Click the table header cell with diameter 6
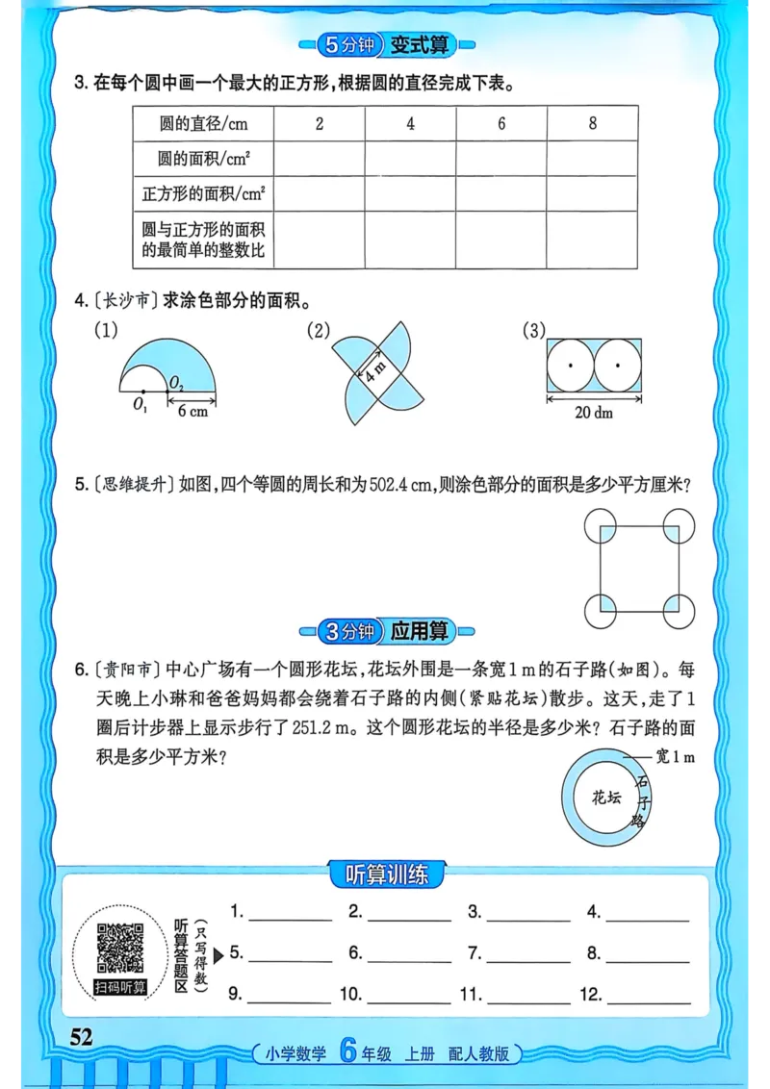coord(501,123)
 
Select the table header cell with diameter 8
coord(592,123)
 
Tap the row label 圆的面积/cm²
coord(203,159)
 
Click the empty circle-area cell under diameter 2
coord(319,159)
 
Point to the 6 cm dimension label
coord(193,411)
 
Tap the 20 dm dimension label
coord(595,412)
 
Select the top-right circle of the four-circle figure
coord(679,525)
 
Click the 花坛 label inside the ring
coord(606,797)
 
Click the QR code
coord(120,947)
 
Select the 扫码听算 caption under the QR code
coord(120,987)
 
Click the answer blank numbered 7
coord(527,954)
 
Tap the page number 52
coord(80,1036)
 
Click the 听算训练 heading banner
coord(385,874)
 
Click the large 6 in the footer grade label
coord(347,1052)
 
